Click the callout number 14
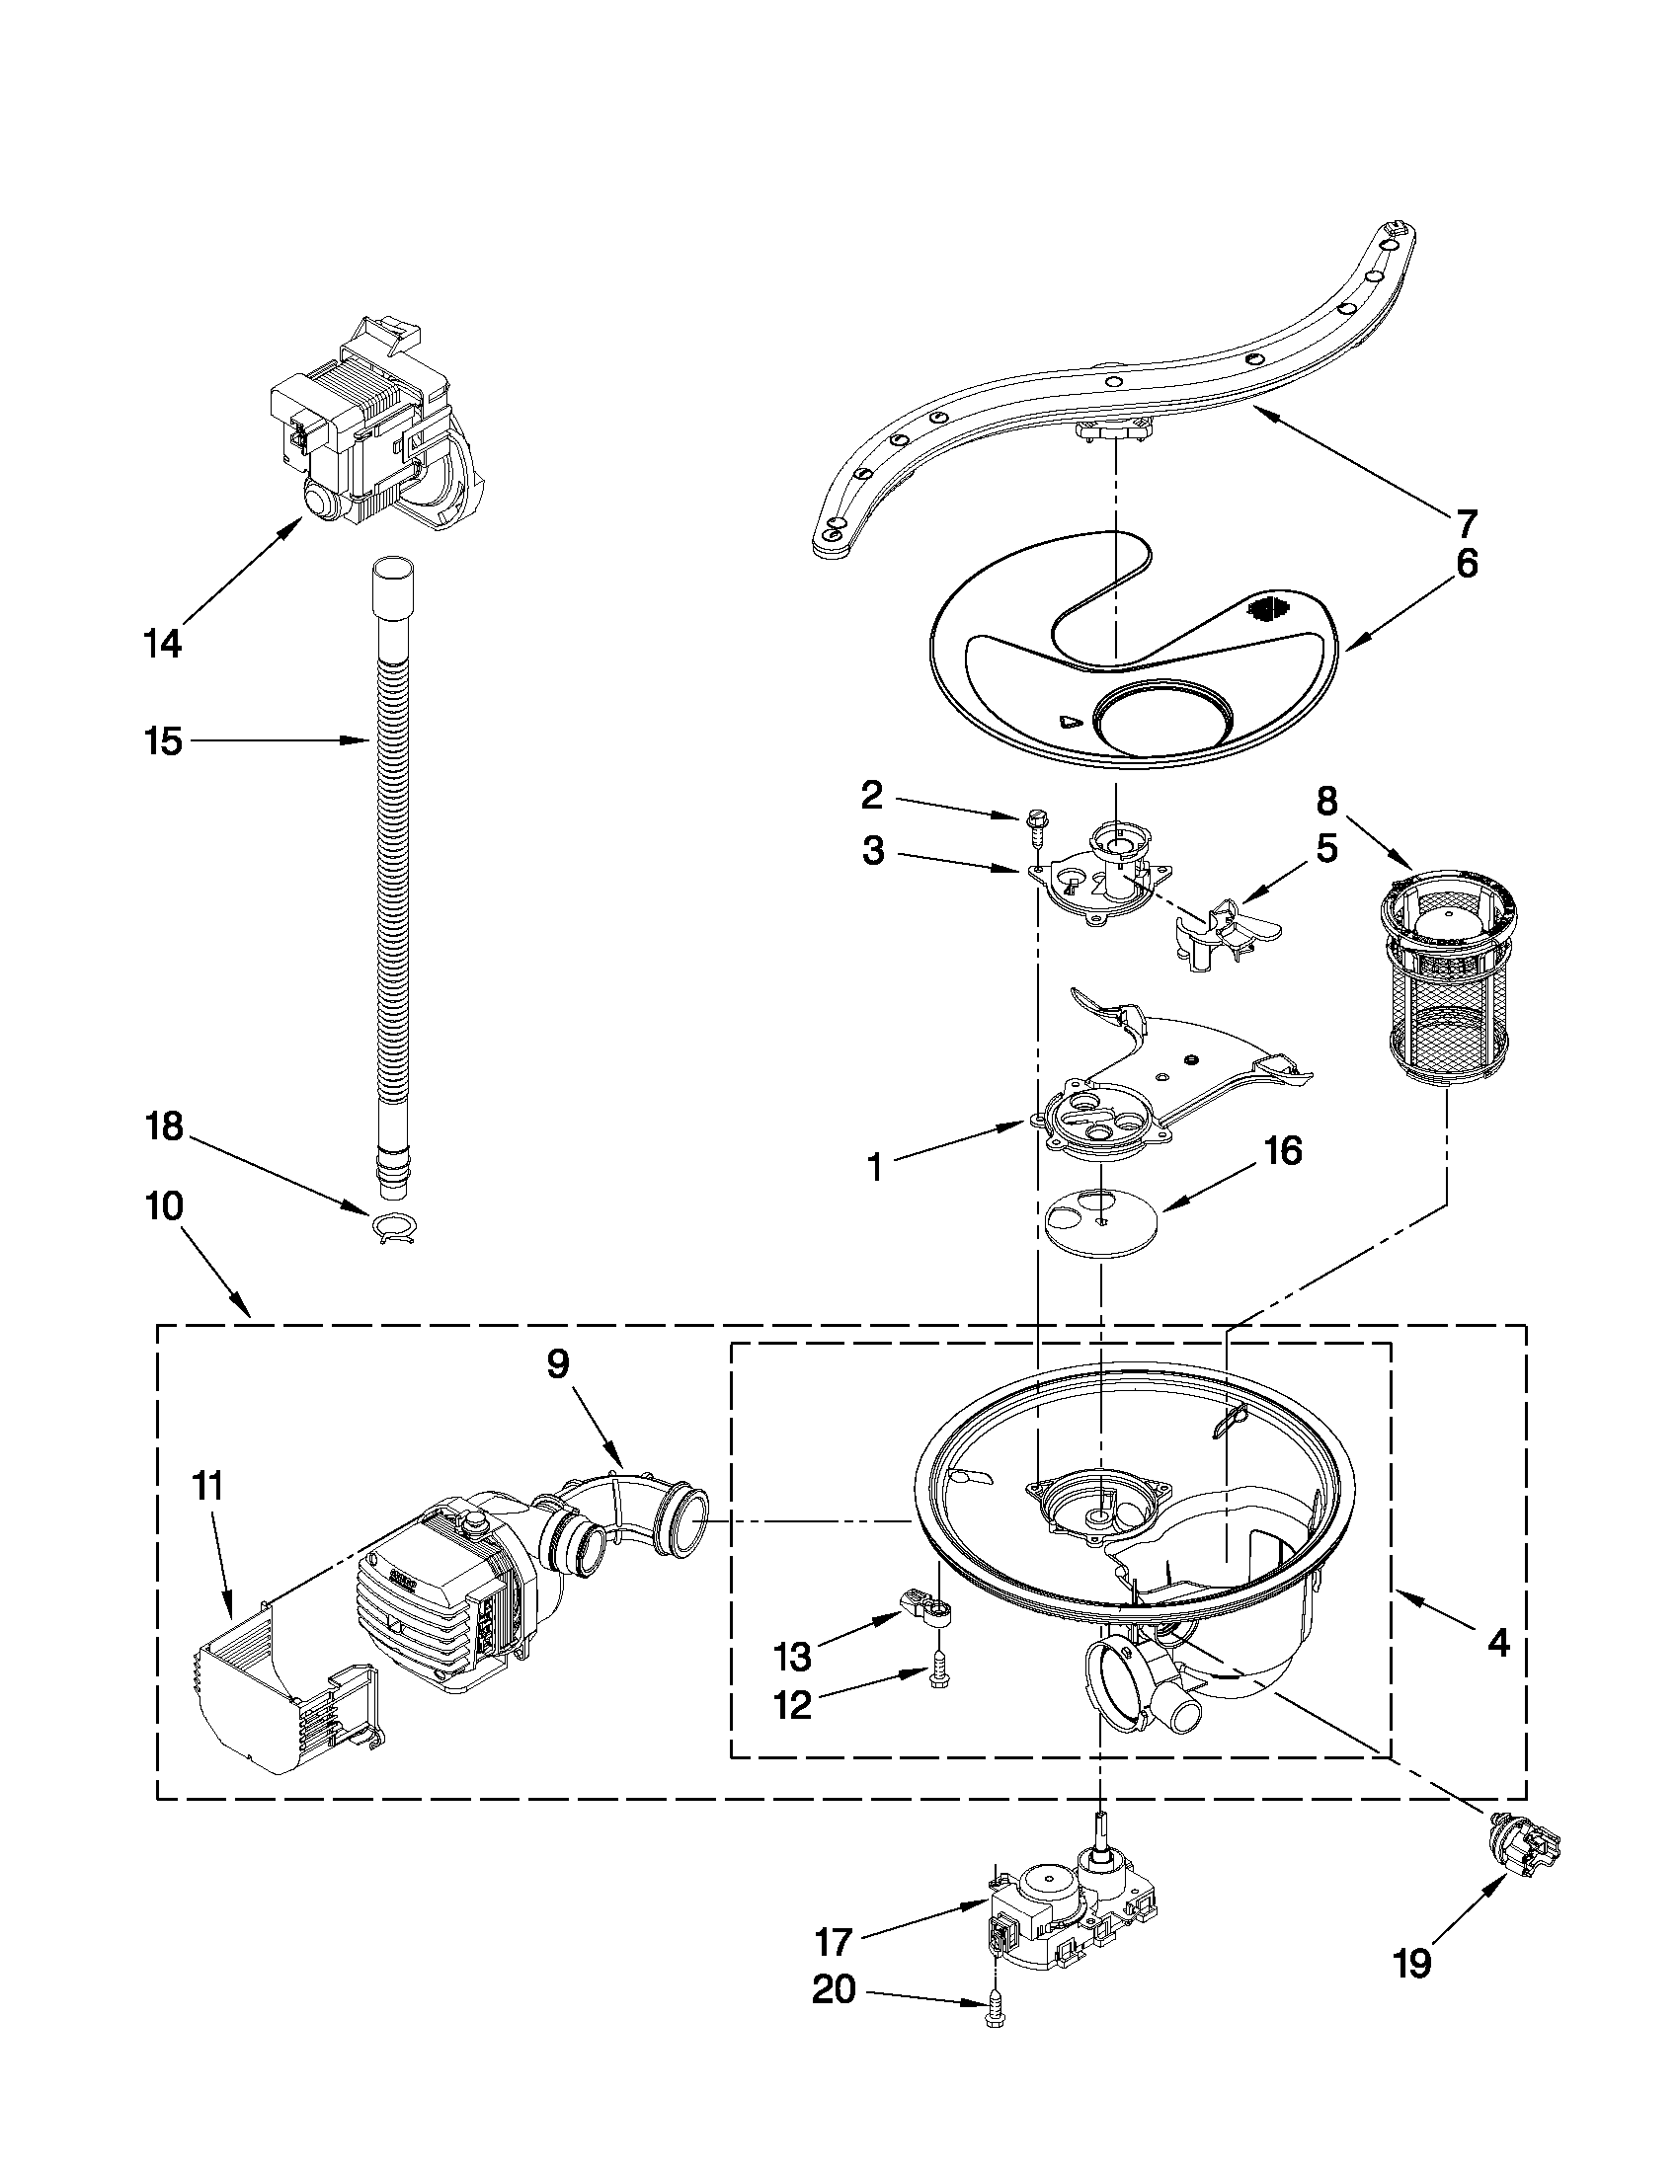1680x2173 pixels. [x=162, y=644]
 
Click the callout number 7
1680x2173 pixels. [x=1467, y=522]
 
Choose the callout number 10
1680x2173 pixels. [x=164, y=1206]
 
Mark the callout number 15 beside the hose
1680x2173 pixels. [x=163, y=741]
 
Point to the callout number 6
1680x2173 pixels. [x=1467, y=564]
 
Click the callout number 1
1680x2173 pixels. [x=875, y=1167]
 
